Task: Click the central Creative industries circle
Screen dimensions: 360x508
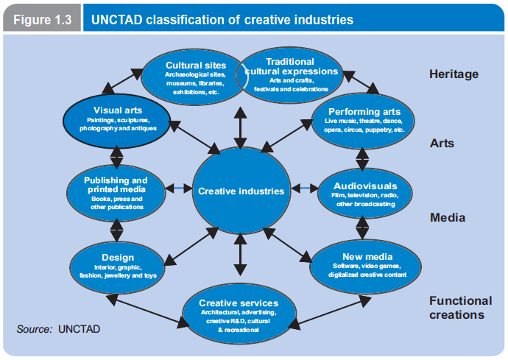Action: click(240, 191)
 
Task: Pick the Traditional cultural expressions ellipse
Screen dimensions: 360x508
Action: click(291, 74)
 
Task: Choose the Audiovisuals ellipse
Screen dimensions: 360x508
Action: click(364, 194)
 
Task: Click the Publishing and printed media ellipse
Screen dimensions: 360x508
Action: click(116, 192)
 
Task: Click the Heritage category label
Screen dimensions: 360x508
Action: click(454, 74)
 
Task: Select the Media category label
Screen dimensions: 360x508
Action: click(447, 217)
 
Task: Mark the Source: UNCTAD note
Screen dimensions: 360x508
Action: click(58, 328)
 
